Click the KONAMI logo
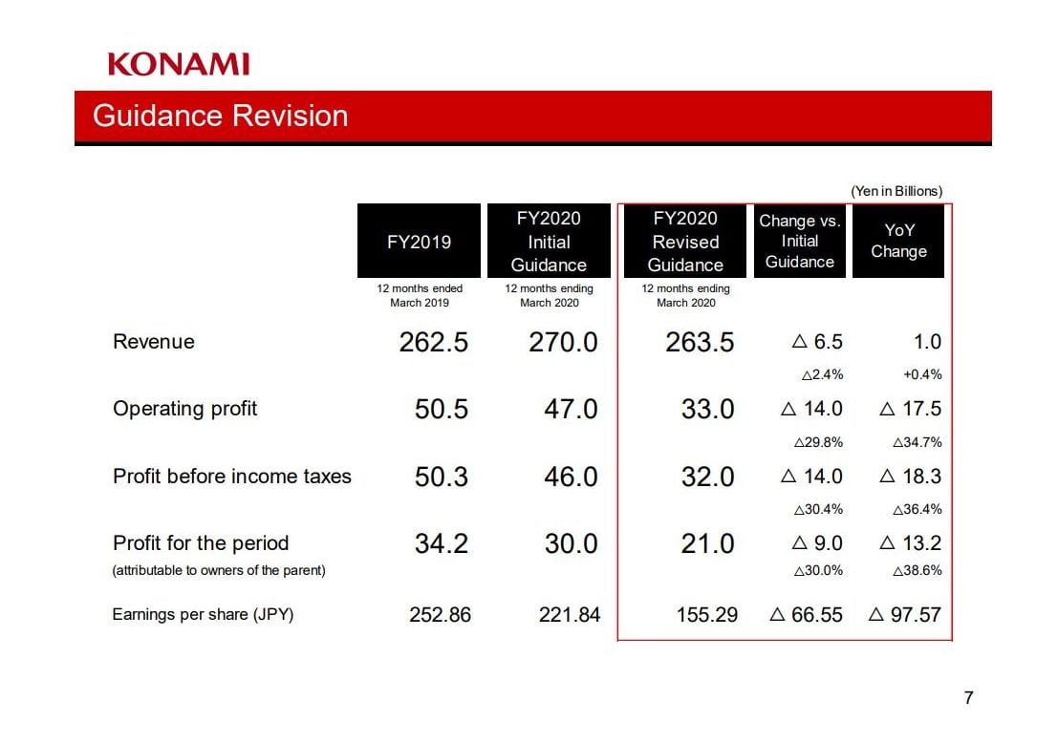click(179, 65)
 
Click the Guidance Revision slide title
click(220, 117)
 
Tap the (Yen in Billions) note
click(896, 191)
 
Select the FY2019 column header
click(419, 242)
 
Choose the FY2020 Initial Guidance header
click(549, 242)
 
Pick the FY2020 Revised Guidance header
click(685, 242)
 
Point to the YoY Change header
click(898, 241)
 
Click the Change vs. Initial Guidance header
click(800, 241)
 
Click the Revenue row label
click(153, 342)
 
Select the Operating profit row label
click(184, 409)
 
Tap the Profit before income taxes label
click(231, 477)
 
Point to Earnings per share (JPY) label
click(203, 614)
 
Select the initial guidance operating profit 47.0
click(571, 410)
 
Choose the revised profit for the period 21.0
click(707, 544)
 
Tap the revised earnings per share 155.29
click(706, 615)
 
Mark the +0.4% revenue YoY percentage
click(922, 374)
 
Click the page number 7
click(968, 698)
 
